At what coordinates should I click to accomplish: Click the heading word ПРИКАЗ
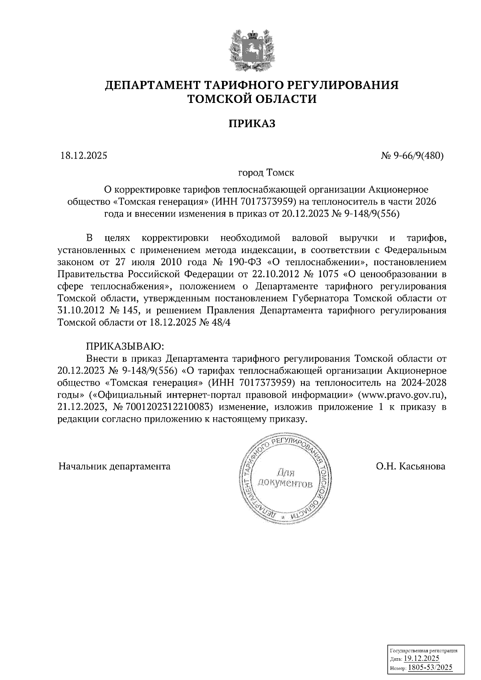pos(252,124)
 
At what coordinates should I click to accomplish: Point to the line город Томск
pos(266,173)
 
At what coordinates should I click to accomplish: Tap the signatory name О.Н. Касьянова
pos(410,466)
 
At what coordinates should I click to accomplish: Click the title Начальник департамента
pos(115,466)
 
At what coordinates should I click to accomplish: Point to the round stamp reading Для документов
pos(284,478)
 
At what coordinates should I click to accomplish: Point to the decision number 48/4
pos(222,322)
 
